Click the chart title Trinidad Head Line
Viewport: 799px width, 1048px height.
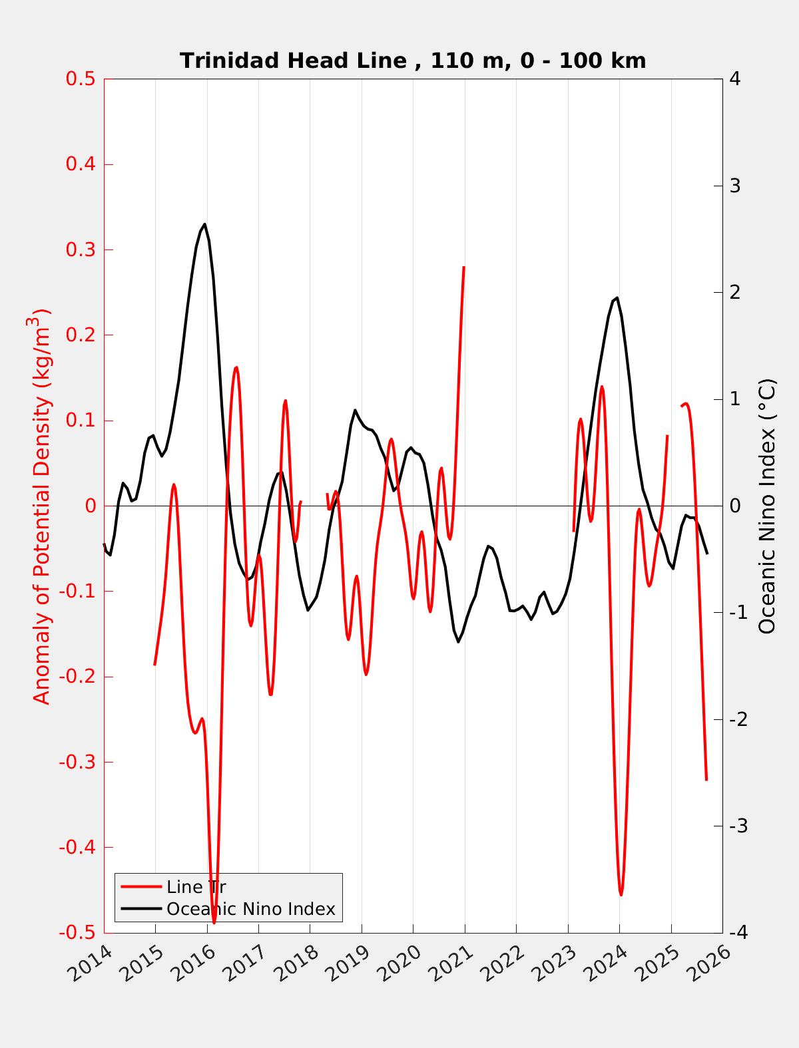click(x=413, y=61)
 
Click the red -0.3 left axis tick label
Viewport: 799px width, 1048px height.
click(x=78, y=762)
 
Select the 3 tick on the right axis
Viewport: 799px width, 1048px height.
click(x=735, y=186)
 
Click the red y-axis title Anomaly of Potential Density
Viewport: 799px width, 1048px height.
click(x=42, y=506)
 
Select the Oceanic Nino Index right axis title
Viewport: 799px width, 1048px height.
click(x=767, y=506)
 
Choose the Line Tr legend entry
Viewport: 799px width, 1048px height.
click(x=196, y=887)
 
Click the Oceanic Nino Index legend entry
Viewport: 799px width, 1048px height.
click(x=250, y=909)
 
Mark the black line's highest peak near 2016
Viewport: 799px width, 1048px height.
click(x=204, y=224)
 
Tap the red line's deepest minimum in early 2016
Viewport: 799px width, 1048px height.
click(x=214, y=923)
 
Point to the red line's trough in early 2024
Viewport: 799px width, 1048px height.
click(x=621, y=895)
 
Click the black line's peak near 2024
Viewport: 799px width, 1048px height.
click(x=617, y=297)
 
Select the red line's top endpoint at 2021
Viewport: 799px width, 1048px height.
click(x=463, y=267)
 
